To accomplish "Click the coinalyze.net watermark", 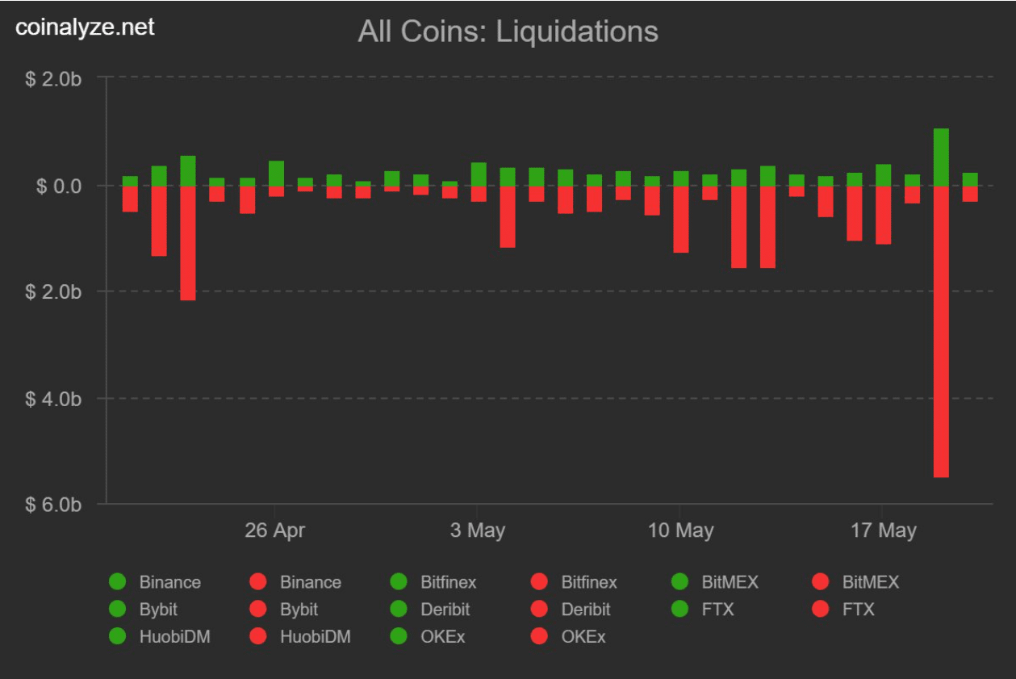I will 85,27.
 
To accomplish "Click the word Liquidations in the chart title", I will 577,32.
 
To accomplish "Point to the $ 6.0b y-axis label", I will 53,505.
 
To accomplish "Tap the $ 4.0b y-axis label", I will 53,399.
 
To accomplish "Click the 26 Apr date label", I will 274,530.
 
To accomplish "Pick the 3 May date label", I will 478,530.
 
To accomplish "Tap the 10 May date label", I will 680,530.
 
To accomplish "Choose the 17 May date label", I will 883,530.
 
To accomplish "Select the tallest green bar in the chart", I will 941,157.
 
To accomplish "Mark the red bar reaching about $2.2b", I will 188,242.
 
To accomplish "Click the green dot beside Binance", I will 118,582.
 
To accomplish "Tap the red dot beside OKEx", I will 540,637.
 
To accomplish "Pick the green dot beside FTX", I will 680,610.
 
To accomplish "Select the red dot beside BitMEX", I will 821,582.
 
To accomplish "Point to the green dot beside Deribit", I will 399,610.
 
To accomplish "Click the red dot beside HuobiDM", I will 258,637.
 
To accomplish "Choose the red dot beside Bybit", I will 258,610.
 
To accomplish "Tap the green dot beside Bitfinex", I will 399,582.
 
